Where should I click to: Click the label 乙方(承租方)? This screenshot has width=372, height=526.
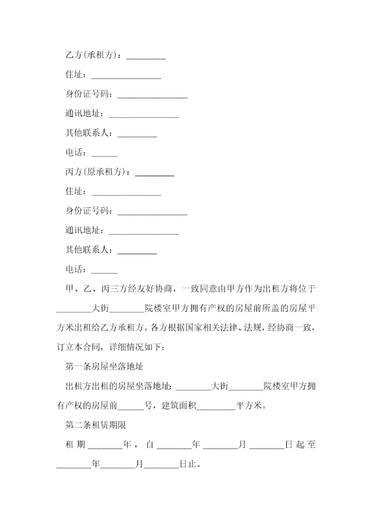tap(92, 55)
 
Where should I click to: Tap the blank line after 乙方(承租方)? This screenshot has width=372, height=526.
tap(146, 56)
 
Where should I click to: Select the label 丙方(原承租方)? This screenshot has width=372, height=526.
tap(97, 172)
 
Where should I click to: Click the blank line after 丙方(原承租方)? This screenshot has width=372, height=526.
tap(154, 173)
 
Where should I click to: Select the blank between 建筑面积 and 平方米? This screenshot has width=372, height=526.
tap(216, 407)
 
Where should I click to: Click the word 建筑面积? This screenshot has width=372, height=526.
tap(179, 406)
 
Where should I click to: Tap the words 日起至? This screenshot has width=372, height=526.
tap(301, 445)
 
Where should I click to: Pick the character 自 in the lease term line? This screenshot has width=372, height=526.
tap(150, 445)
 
